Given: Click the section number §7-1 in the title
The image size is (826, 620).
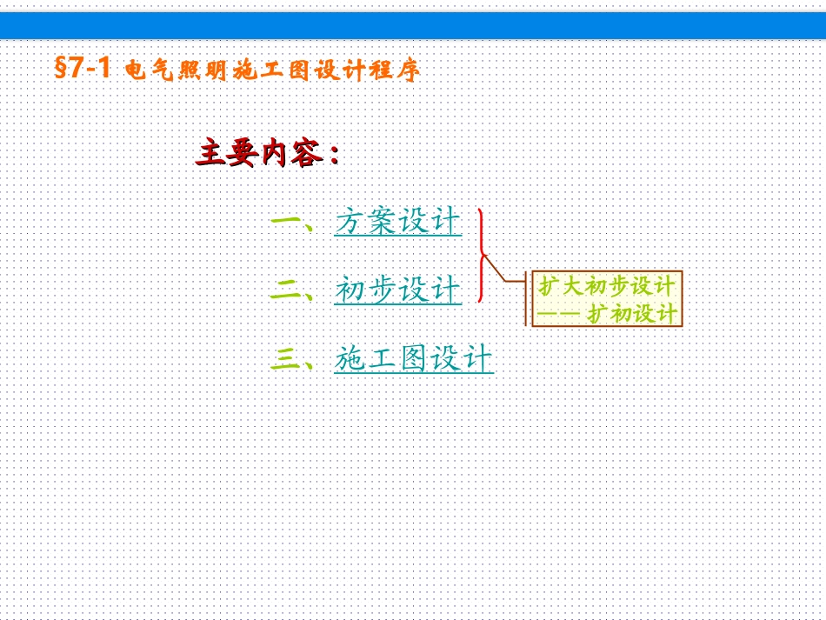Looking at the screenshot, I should [83, 70].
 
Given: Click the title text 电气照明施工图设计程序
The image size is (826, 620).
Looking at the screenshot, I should [272, 70].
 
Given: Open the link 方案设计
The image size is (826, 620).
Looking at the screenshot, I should [397, 222].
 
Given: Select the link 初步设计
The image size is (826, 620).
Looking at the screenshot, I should [397, 290].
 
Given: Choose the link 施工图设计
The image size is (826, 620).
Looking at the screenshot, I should [413, 359].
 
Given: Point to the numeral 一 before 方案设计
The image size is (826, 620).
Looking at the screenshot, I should [285, 222].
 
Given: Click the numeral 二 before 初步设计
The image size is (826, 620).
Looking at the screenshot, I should [285, 291].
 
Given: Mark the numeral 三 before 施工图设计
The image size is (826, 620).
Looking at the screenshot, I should [285, 359].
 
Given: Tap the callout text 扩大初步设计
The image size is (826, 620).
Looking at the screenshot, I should [606, 286].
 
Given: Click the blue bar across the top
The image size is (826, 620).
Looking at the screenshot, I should [413, 25].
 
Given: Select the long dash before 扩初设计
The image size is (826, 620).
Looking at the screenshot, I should [558, 314].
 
